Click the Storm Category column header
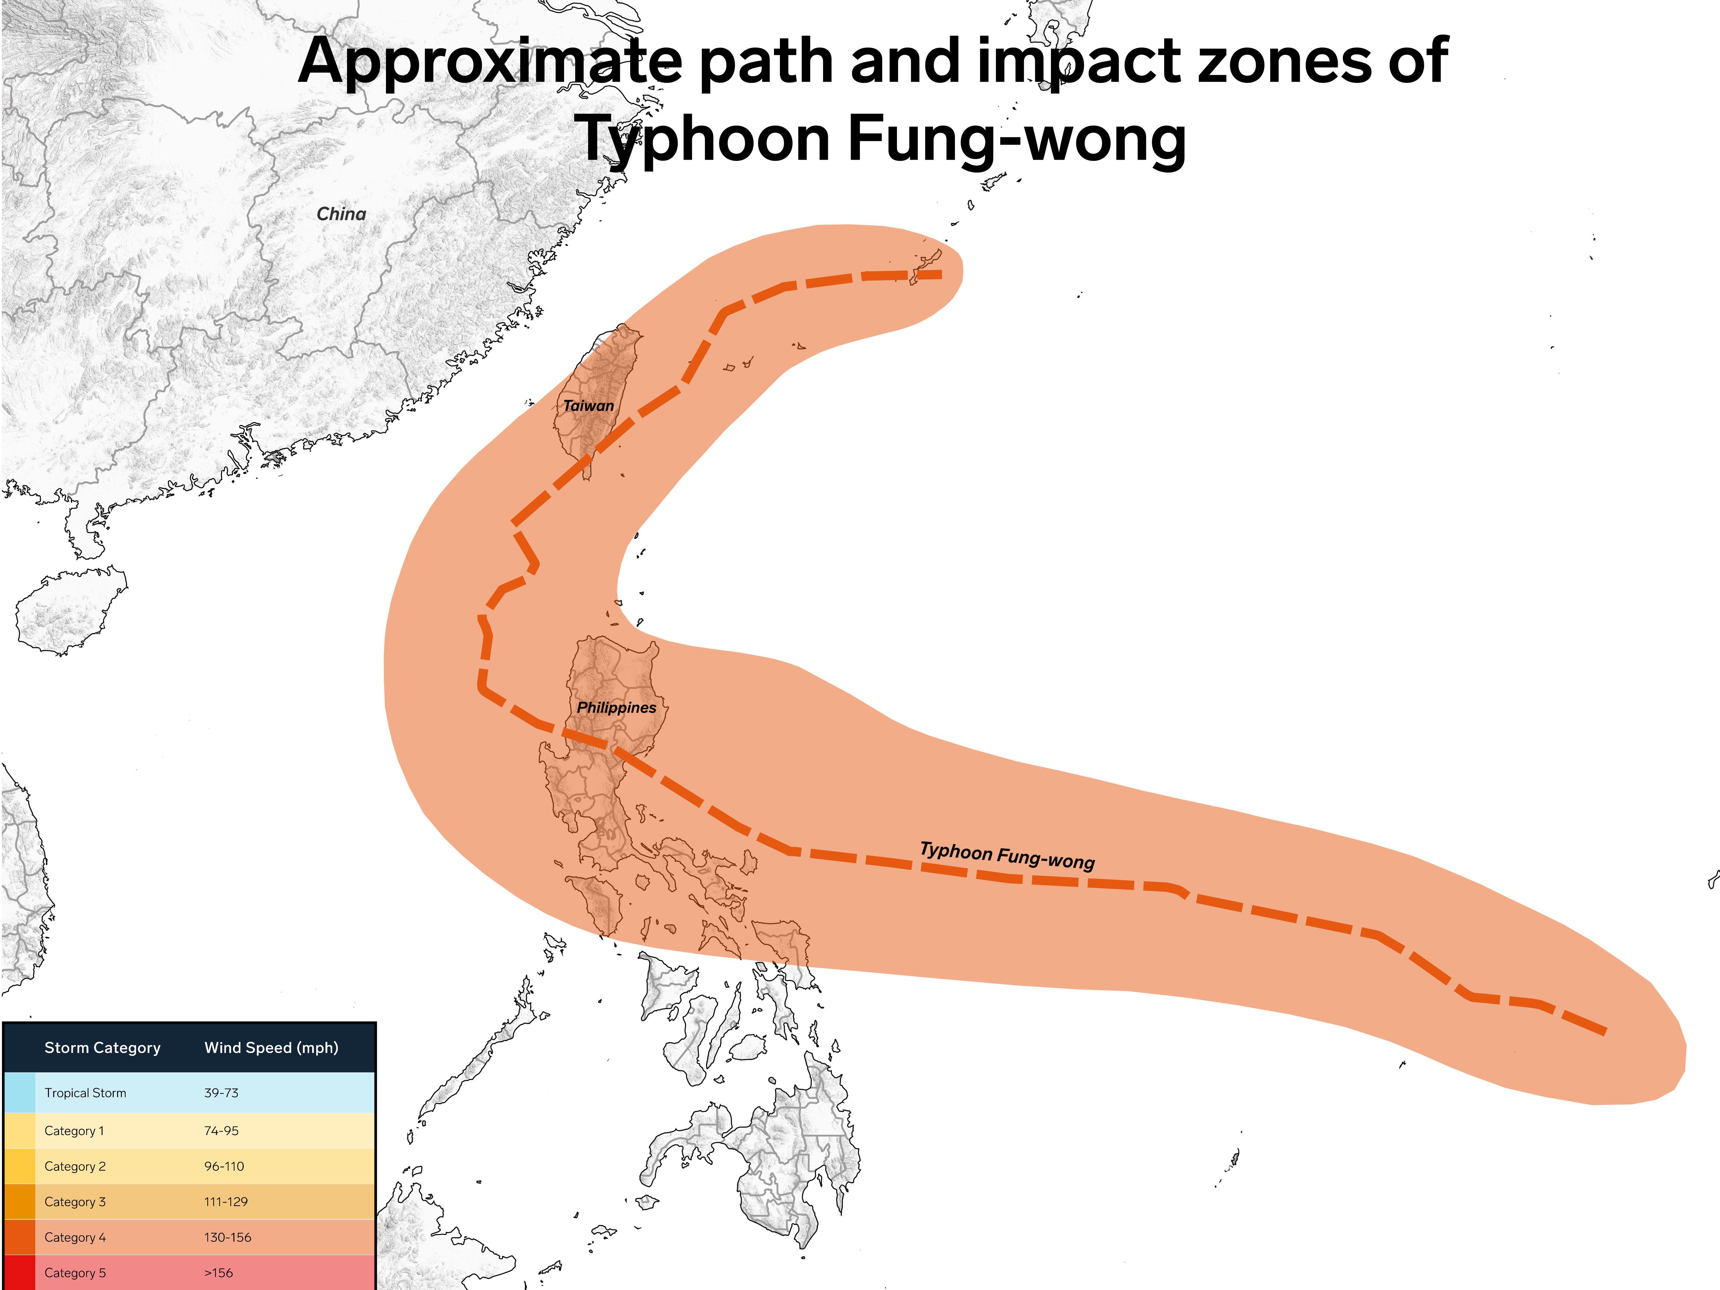click(x=103, y=1047)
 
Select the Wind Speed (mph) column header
click(x=271, y=1047)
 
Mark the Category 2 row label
click(x=75, y=1166)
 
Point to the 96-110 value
click(x=224, y=1166)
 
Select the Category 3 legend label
click(x=75, y=1201)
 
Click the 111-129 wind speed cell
click(x=226, y=1201)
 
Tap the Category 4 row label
click(x=75, y=1237)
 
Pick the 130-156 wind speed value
click(x=228, y=1237)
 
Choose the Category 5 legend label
click(x=75, y=1273)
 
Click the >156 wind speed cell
click(x=218, y=1273)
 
